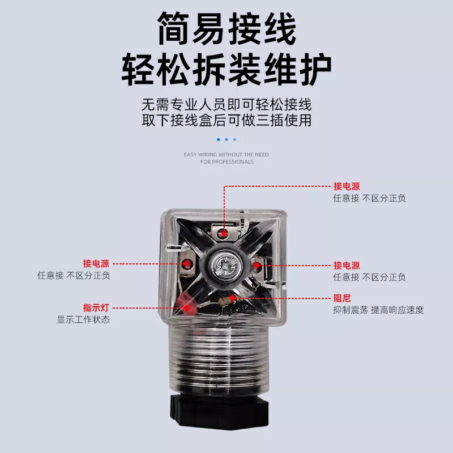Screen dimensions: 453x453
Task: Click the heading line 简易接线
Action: pyautogui.click(x=227, y=29)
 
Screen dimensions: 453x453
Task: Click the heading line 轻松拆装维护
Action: pyautogui.click(x=226, y=70)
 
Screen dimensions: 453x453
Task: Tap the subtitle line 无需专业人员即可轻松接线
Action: pyautogui.click(x=226, y=105)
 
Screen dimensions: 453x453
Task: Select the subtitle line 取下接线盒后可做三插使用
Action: pyautogui.click(x=226, y=120)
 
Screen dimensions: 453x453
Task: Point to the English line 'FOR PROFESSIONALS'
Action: pyautogui.click(x=227, y=162)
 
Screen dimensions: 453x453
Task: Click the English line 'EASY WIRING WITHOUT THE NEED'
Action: pyautogui.click(x=226, y=155)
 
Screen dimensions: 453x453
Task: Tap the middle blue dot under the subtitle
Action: pyautogui.click(x=226, y=139)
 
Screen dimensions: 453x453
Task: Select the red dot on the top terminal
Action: pyautogui.click(x=223, y=233)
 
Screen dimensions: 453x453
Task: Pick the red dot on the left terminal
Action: pyautogui.click(x=187, y=263)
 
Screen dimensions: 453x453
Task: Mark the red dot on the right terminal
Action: pyautogui.click(x=257, y=265)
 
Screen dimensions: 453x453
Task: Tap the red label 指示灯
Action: pyautogui.click(x=96, y=307)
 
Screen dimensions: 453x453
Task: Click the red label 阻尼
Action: pyautogui.click(x=342, y=298)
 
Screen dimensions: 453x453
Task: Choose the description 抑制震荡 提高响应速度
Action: pyautogui.click(x=378, y=310)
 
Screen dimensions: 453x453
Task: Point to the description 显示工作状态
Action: pyautogui.click(x=83, y=319)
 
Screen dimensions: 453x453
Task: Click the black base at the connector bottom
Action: pyautogui.click(x=219, y=410)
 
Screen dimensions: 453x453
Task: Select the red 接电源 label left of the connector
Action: pyautogui.click(x=96, y=263)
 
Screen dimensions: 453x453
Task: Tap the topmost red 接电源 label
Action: pyautogui.click(x=347, y=186)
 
